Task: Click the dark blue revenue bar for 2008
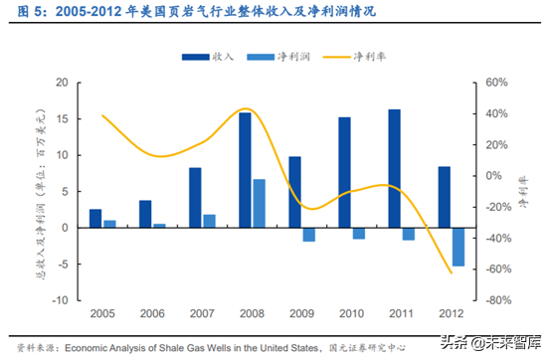pos(245,170)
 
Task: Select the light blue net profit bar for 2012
pos(459,247)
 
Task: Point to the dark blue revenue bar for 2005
pos(95,218)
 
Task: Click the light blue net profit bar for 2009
pos(309,235)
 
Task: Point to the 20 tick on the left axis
pos(62,83)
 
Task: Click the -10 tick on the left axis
pos(60,299)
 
